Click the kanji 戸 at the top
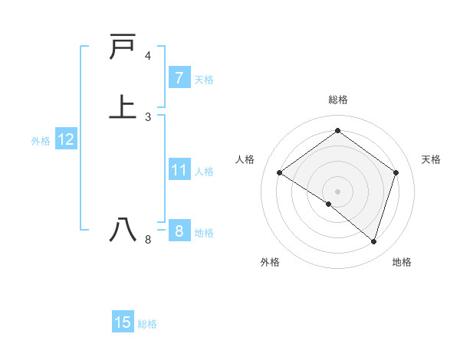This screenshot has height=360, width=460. coord(123,48)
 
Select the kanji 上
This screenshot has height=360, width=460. coord(123,106)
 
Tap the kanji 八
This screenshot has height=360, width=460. coord(123,231)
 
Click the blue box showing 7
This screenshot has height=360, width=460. coord(179,78)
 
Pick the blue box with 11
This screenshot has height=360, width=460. coord(179,170)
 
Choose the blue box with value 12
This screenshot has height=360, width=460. coord(65,139)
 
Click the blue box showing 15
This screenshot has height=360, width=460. coord(123,322)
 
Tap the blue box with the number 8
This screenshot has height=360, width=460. coord(179,231)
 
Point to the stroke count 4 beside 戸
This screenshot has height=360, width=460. coord(148,56)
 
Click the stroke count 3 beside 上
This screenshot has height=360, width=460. coord(148,117)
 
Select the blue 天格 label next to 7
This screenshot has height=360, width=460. coord(204,80)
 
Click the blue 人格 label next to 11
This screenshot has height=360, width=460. coord(204,172)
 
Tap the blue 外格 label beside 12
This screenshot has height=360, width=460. coord(41,141)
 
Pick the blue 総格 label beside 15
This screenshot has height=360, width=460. coord(147,324)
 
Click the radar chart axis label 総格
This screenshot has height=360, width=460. coord(337,100)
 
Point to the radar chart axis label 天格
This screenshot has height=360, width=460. coord(431,159)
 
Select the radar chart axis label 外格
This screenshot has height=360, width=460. coord(270,262)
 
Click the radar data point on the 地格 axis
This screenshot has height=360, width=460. coord(373,241)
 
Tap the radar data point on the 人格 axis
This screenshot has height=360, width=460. coord(280,173)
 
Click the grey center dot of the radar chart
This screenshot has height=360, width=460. coord(337,191)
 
